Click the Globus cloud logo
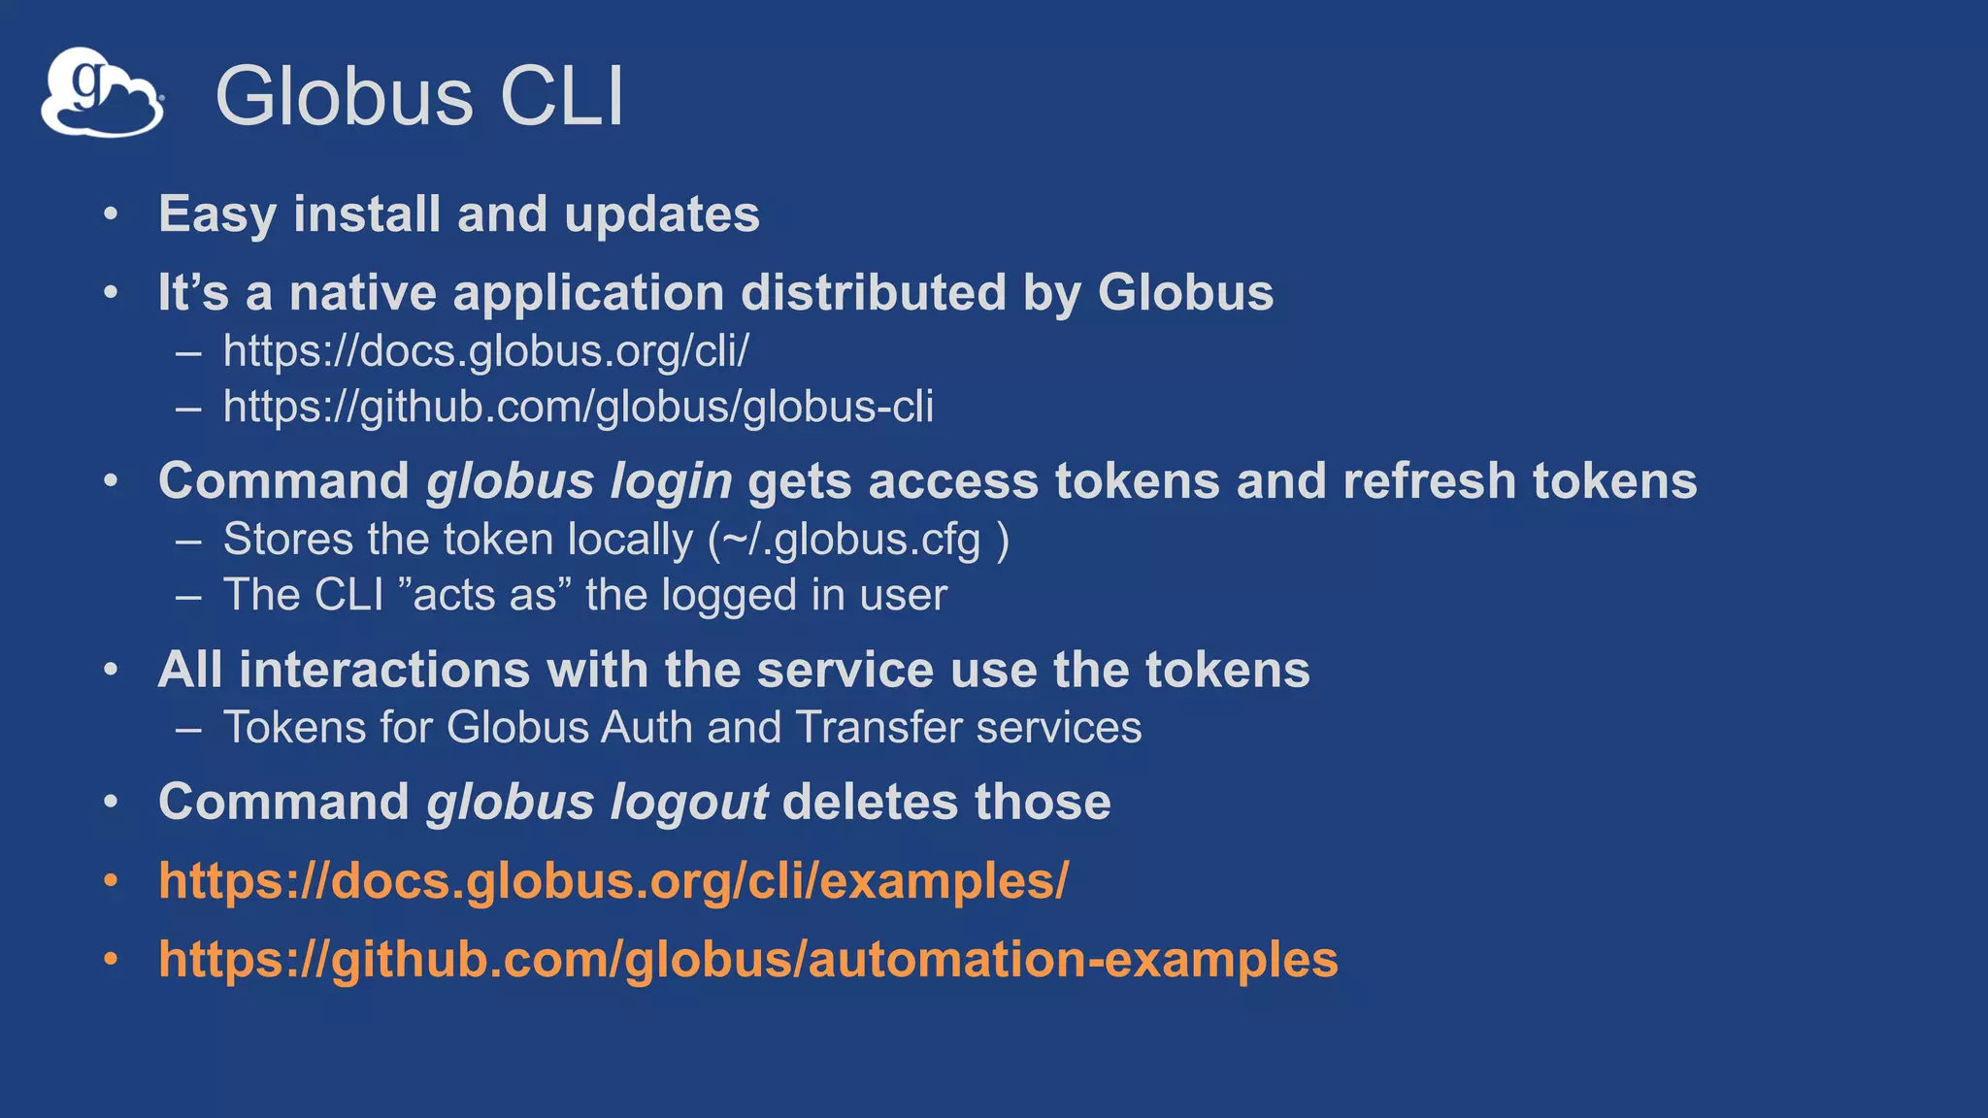[101, 92]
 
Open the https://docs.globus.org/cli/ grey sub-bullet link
[485, 351]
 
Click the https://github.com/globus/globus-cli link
[578, 407]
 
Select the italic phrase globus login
[579, 481]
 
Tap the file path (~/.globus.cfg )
[858, 540]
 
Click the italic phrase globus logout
[597, 803]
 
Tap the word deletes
[870, 803]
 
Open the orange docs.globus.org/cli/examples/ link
[613, 881]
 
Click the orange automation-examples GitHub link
[747, 960]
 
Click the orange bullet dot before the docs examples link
[112, 881]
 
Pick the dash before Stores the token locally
[188, 541]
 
